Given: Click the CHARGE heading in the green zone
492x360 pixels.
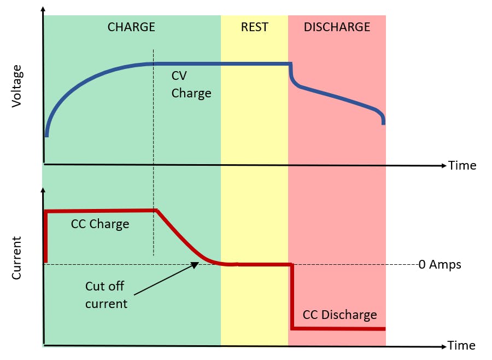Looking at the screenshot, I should click(131, 27).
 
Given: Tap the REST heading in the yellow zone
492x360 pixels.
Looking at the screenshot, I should click(255, 27).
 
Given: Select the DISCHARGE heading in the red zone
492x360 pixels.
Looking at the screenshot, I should click(337, 27).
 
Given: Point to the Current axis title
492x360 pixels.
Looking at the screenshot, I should click(17, 258).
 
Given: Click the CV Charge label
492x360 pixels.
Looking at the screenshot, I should click(191, 84).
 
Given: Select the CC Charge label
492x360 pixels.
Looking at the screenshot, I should click(100, 224).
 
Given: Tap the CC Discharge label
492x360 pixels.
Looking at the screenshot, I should click(339, 315).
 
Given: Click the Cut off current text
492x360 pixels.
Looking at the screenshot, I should click(106, 294).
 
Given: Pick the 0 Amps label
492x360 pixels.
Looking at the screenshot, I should click(440, 265).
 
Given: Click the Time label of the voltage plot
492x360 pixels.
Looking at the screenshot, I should click(462, 165).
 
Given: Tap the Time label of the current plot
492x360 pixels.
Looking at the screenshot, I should click(461, 346).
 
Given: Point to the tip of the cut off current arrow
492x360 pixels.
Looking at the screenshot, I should click(198, 264).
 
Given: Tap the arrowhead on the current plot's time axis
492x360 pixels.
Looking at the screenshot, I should click(444, 346).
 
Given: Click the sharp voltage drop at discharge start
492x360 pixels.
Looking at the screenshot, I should click(290, 74).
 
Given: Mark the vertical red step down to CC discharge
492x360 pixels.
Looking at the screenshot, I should click(292, 297).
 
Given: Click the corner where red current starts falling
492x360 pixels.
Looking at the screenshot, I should click(156, 210).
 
